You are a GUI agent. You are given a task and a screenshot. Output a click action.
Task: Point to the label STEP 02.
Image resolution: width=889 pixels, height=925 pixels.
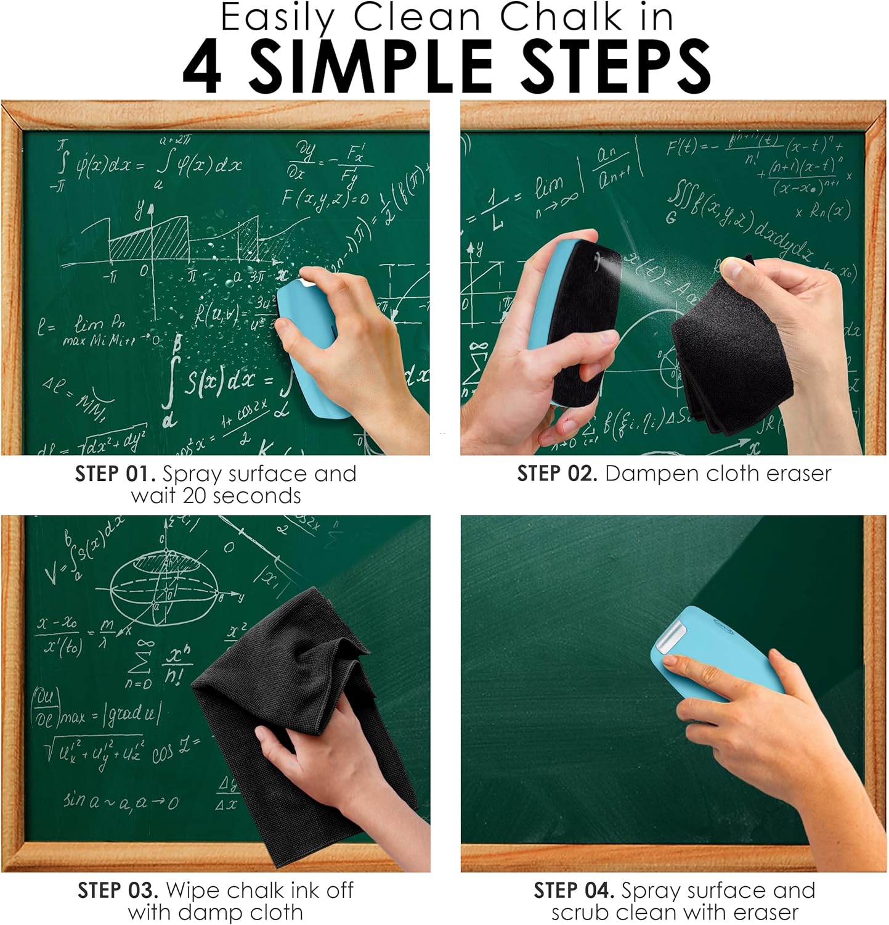point(557,474)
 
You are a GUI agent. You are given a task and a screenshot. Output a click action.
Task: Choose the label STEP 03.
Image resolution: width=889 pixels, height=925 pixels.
point(118,890)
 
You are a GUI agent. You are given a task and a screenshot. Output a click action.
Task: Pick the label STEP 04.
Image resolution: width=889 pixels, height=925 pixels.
point(574,890)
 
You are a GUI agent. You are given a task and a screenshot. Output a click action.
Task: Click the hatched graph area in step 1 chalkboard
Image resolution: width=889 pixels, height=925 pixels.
point(148,240)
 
